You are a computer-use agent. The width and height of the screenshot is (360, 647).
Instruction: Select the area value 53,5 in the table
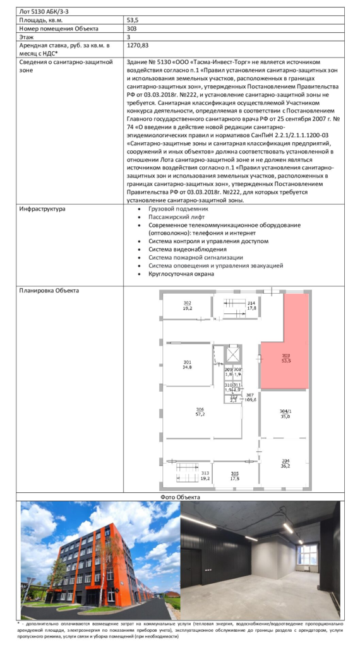[x=133, y=20]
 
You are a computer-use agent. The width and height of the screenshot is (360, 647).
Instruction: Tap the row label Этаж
[x=25, y=37]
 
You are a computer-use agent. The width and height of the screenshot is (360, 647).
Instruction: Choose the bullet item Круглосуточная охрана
[x=181, y=274]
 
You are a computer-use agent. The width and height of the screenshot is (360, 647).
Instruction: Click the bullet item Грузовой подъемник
[x=176, y=209]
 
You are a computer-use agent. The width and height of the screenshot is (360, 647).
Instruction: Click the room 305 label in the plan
[x=235, y=476]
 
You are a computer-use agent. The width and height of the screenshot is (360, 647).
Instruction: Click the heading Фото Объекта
[x=180, y=497]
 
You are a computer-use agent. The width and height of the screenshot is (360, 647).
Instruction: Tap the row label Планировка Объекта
[x=49, y=291]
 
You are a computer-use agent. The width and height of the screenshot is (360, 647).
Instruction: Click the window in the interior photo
[x=307, y=555]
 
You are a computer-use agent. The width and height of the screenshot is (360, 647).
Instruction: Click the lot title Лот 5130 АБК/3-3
[x=42, y=11]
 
